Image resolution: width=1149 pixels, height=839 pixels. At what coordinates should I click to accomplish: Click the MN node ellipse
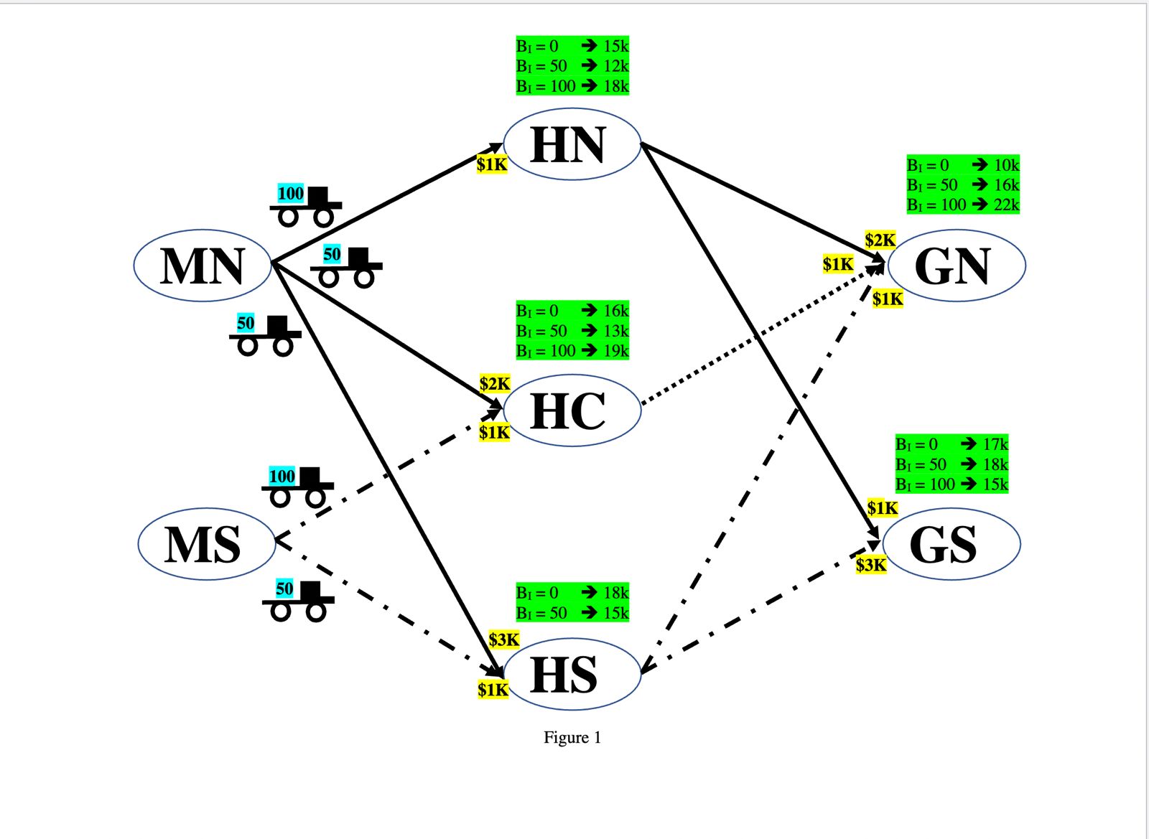pyautogui.click(x=202, y=265)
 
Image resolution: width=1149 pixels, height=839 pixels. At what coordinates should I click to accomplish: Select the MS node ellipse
pyautogui.click(x=206, y=544)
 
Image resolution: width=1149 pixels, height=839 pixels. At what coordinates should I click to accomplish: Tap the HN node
pyautogui.click(x=572, y=144)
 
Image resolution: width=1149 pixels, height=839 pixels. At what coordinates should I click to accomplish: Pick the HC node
pyautogui.click(x=572, y=411)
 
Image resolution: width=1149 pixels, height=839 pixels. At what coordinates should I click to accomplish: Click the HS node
pyautogui.click(x=572, y=674)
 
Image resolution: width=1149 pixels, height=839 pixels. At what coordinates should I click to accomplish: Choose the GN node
pyautogui.click(x=956, y=266)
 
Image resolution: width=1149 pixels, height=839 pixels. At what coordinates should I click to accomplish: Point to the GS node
pyautogui.click(x=951, y=544)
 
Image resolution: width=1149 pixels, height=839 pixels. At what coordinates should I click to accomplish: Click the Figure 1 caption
pyautogui.click(x=572, y=738)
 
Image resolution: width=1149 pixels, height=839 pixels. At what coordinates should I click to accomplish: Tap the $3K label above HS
pyautogui.click(x=503, y=639)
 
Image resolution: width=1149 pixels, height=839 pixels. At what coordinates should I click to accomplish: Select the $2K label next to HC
pyautogui.click(x=495, y=384)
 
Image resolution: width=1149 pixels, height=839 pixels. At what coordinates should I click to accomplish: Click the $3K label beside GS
pyautogui.click(x=871, y=565)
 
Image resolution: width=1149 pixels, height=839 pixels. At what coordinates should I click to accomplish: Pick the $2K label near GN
pyautogui.click(x=880, y=240)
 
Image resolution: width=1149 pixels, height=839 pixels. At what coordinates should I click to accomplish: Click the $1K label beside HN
pyautogui.click(x=492, y=164)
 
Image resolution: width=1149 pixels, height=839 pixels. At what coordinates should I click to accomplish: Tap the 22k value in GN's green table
pyautogui.click(x=1006, y=205)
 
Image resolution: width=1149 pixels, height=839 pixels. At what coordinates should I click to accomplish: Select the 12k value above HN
pyautogui.click(x=615, y=66)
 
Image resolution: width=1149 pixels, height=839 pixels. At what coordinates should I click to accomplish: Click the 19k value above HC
pyautogui.click(x=615, y=351)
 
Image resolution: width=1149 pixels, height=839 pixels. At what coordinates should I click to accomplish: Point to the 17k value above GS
pyautogui.click(x=995, y=444)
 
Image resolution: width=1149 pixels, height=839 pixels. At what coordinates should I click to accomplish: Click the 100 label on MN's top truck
pyautogui.click(x=291, y=193)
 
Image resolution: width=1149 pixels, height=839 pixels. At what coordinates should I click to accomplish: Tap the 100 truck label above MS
pyautogui.click(x=282, y=476)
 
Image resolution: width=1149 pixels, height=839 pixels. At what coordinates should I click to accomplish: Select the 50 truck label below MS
pyautogui.click(x=284, y=589)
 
